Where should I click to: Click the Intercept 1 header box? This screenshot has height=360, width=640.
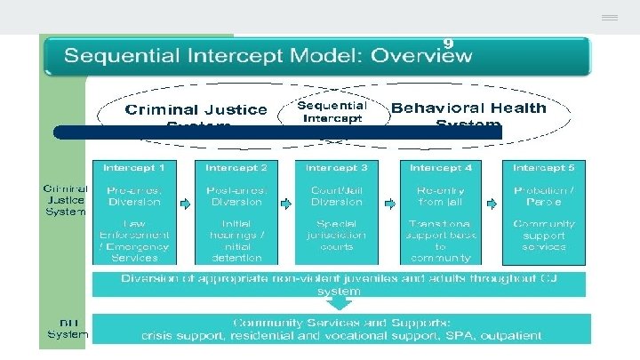click(134, 167)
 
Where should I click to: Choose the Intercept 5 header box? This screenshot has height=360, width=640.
click(544, 167)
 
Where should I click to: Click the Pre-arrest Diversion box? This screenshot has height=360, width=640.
click(134, 196)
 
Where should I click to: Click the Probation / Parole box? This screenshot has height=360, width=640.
click(544, 196)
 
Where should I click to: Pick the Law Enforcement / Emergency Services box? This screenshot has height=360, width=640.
click(134, 240)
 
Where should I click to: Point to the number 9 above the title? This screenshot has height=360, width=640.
click(449, 42)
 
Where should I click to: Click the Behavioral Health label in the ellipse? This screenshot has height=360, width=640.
click(468, 108)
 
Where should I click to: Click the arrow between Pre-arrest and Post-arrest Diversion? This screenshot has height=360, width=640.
click(185, 203)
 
